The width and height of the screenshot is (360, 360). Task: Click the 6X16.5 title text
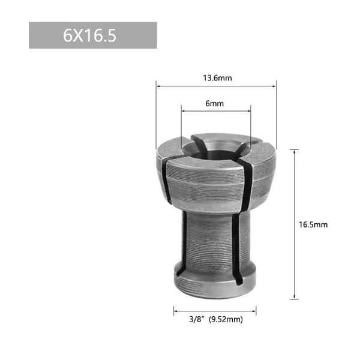pos(90,36)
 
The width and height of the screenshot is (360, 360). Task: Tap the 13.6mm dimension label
pos(217,78)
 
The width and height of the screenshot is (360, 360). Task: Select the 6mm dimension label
pos(214,104)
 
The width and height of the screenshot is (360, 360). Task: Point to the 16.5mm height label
pos(313,224)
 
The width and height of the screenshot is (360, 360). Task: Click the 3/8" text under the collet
pos(197,319)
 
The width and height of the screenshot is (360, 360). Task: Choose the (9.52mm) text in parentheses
pos(226,319)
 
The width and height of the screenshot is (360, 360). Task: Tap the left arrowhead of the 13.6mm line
pos(158,86)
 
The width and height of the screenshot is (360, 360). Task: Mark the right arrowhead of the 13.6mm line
pos(274,86)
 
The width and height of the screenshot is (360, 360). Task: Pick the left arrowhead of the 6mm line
pos(184,111)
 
